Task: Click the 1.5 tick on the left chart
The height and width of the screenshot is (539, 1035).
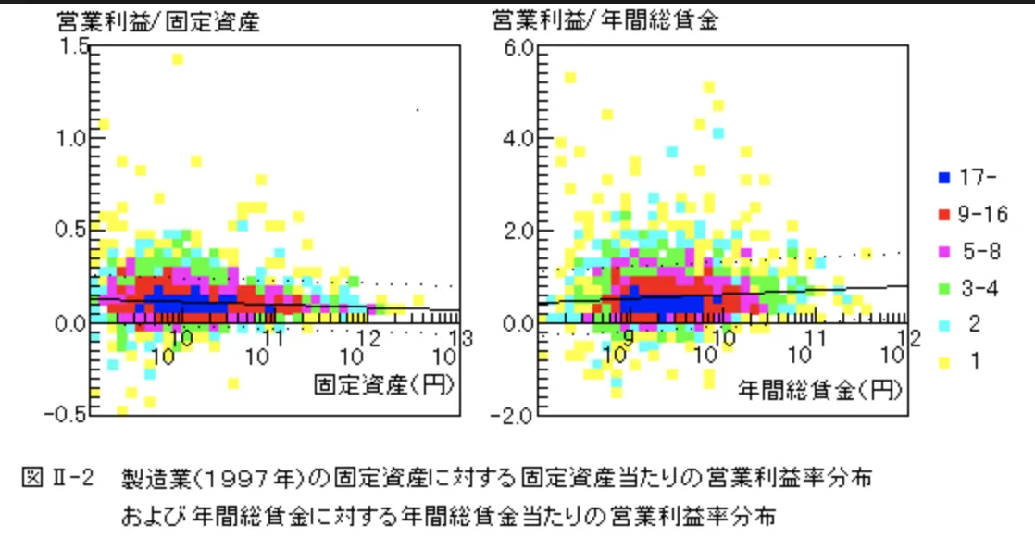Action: pyautogui.click(x=74, y=46)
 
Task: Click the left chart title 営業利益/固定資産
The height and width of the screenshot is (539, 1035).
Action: pyautogui.click(x=157, y=20)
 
